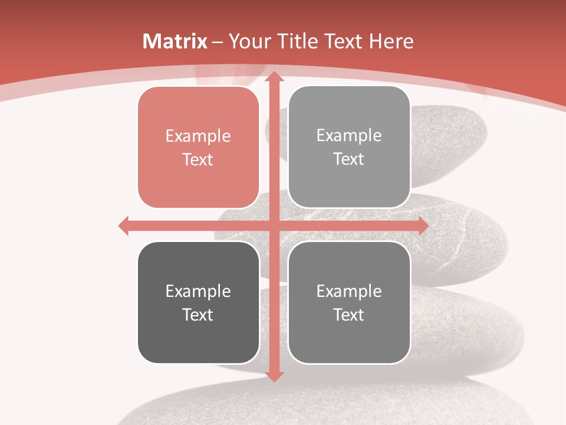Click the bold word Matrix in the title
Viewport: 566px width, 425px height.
pos(175,41)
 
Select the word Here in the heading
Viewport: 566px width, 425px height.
pos(391,41)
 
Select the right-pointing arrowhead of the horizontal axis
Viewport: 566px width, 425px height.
pos(423,225)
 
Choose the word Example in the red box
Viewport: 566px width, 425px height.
pos(198,136)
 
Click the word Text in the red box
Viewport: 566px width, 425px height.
pos(198,160)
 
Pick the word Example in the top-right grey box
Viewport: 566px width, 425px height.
pos(349,136)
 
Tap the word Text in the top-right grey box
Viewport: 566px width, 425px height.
pos(349,159)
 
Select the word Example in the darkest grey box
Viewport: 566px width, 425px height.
pos(198,292)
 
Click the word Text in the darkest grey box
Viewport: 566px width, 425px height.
pos(198,315)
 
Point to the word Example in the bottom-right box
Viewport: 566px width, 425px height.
pos(349,292)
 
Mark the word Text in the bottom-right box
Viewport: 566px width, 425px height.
pos(349,315)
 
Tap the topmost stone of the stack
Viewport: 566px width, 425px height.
pos(448,148)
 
